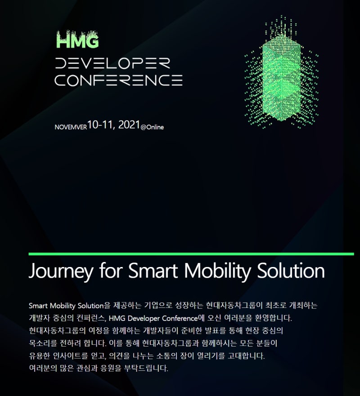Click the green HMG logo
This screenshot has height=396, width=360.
pos(77,41)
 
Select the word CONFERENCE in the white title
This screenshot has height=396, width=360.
pos(118,80)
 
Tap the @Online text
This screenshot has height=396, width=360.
pos(152,127)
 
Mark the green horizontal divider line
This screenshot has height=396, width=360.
pos(191,254)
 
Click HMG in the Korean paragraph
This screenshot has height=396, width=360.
pos(117,318)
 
